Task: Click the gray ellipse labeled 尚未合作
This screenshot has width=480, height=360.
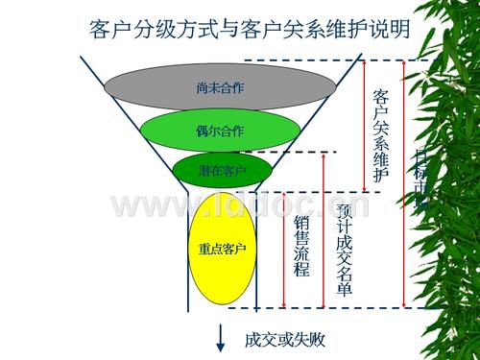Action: click(219, 87)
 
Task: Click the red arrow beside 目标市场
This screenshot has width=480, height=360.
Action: click(404, 182)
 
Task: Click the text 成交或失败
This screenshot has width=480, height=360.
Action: click(279, 338)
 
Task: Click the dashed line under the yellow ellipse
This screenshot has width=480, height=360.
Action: click(317, 307)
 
